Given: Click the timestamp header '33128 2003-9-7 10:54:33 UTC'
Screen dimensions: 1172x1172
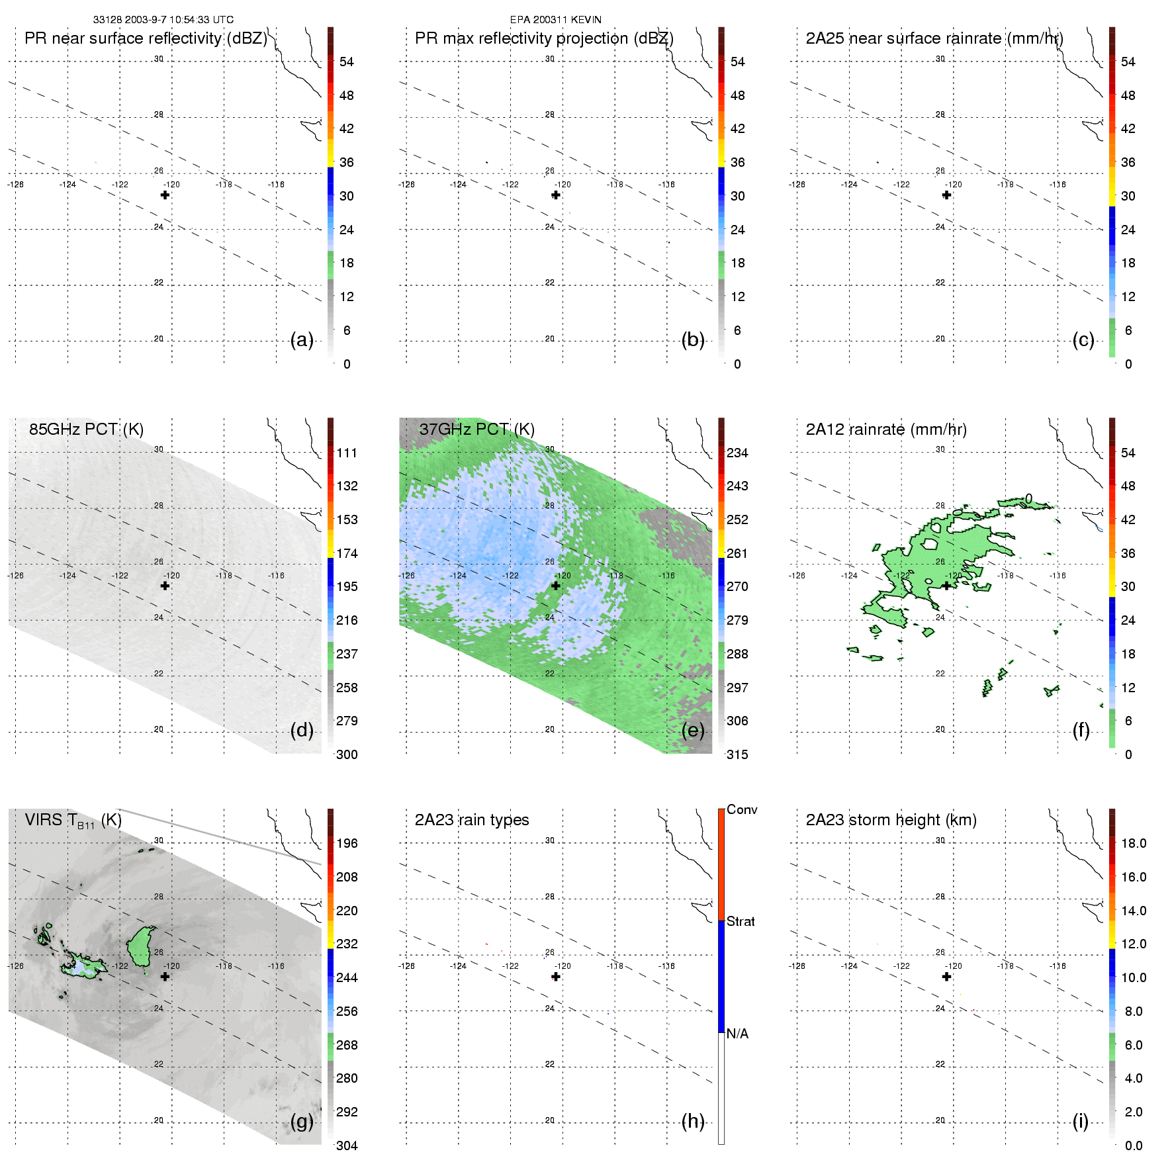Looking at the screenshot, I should click(163, 20).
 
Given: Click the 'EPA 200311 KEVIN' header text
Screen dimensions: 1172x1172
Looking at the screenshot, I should click(555, 20).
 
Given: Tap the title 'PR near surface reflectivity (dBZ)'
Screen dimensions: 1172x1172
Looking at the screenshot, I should click(146, 38).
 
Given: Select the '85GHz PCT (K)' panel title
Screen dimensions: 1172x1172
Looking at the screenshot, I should click(86, 429).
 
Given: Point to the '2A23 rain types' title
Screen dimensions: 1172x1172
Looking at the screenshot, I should click(471, 820).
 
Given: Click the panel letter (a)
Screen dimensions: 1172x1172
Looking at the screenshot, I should click(302, 339).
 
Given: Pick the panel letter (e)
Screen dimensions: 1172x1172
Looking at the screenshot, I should click(693, 730).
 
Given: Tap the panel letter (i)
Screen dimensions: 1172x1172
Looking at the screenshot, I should click(1080, 1121).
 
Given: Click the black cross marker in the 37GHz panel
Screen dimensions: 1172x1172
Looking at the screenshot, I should click(556, 586).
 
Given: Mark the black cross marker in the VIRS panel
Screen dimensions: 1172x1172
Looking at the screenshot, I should click(165, 976).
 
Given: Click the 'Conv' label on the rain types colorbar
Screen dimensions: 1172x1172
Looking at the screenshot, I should click(742, 809).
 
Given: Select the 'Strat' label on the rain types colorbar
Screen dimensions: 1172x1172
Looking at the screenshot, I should click(741, 921).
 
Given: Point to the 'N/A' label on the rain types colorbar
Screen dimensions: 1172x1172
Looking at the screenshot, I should click(737, 1034).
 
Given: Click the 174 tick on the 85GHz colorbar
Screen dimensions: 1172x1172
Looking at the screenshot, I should click(347, 553).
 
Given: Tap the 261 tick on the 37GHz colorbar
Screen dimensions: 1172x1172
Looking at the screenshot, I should click(737, 553).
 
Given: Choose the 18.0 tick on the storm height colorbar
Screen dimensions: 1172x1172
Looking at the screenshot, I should click(1133, 843).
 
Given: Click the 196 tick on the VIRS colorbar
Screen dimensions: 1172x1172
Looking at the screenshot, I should click(347, 843).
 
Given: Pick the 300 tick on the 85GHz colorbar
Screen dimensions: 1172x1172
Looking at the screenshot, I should click(347, 754).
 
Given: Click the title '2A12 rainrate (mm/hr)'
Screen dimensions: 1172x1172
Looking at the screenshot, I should click(886, 429).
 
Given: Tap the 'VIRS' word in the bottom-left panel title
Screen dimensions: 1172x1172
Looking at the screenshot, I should click(44, 820).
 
